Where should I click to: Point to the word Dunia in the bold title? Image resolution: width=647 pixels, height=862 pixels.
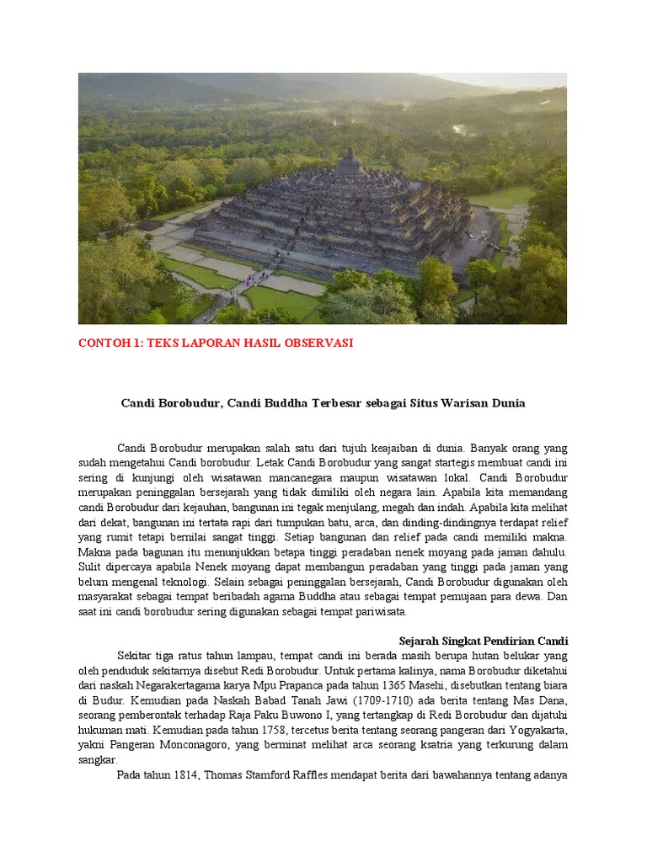click(x=507, y=402)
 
